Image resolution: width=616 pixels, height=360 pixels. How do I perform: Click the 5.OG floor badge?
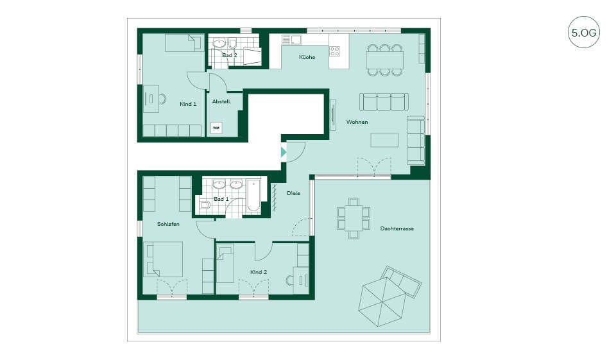click(584, 32)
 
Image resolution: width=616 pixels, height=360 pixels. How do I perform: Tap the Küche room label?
click(307, 57)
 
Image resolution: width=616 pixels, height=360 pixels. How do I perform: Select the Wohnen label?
click(357, 122)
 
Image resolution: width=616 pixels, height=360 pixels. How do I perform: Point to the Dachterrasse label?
click(397, 228)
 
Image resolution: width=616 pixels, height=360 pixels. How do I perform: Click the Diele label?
click(293, 193)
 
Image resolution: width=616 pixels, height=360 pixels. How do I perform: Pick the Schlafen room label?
click(168, 224)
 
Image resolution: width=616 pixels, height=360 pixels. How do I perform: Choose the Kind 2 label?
click(259, 272)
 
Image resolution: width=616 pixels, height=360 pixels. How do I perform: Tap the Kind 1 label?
click(188, 104)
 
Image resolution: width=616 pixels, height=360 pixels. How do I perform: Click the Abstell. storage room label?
click(221, 102)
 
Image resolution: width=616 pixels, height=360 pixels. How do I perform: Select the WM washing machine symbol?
click(216, 128)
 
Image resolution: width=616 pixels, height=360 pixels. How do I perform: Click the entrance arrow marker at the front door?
click(284, 152)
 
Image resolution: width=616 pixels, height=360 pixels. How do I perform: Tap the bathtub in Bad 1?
click(253, 196)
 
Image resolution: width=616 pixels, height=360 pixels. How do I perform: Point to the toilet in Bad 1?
click(205, 205)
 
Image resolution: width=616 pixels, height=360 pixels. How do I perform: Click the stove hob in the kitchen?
click(335, 51)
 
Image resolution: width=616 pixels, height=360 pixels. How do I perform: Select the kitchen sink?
click(292, 40)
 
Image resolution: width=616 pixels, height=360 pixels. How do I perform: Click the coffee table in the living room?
click(384, 141)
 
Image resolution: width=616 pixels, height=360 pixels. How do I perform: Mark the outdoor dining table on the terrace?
click(354, 219)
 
